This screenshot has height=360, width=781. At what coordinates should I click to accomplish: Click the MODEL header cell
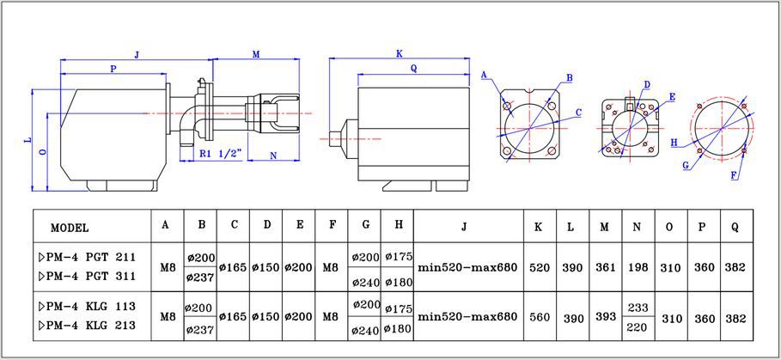click(70, 228)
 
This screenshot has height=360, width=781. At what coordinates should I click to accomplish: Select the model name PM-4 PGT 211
click(87, 257)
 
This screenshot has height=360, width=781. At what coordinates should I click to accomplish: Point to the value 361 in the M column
click(606, 267)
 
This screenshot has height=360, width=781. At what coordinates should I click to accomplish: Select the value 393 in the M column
click(606, 317)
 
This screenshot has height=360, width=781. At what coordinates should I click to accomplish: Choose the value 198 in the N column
click(638, 267)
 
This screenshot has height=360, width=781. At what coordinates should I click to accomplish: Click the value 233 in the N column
click(638, 307)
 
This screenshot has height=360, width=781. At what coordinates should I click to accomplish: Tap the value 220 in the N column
click(638, 327)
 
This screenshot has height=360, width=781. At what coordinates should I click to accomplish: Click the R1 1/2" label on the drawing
click(219, 154)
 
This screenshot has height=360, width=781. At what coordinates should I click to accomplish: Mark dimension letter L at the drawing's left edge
click(27, 138)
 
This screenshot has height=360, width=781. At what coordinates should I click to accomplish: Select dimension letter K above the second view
click(400, 53)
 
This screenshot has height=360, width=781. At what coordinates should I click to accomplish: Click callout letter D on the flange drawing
click(646, 84)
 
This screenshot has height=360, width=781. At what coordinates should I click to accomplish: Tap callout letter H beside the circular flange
click(674, 142)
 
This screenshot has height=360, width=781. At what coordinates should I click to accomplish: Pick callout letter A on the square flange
click(485, 76)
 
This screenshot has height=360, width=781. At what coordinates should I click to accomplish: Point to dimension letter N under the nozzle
click(273, 156)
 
